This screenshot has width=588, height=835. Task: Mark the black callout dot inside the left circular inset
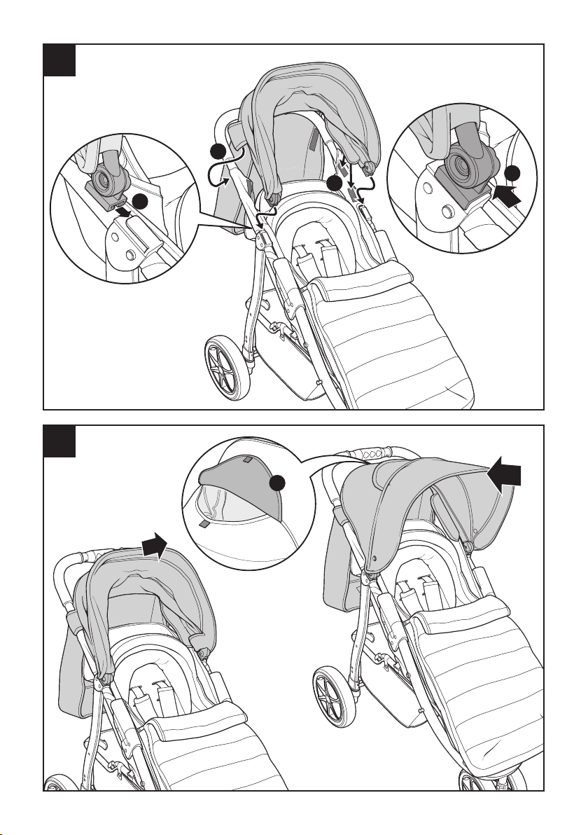[141, 203]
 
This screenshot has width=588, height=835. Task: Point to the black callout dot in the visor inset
[280, 483]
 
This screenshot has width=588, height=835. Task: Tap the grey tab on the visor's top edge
[246, 460]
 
